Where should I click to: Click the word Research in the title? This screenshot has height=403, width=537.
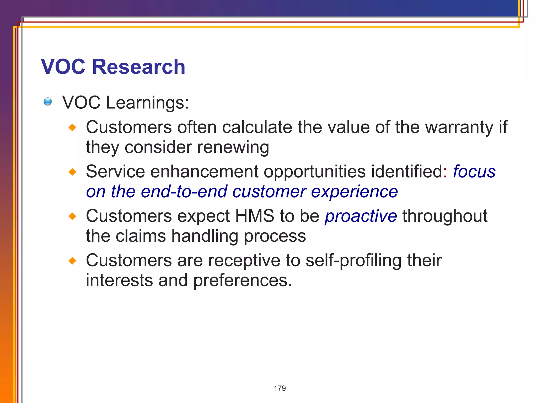click(138, 67)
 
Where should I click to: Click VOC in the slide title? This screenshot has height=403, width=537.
click(63, 67)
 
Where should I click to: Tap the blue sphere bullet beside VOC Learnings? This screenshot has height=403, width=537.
click(48, 102)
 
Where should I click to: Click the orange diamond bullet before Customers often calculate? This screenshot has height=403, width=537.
click(72, 128)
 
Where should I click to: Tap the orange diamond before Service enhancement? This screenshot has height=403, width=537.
click(72, 172)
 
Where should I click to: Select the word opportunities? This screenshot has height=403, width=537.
click(314, 172)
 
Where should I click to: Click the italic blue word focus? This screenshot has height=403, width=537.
click(474, 172)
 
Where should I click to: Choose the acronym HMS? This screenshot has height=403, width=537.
click(254, 216)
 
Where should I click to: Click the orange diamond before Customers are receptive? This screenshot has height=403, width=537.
click(72, 261)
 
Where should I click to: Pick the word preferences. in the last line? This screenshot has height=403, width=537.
click(243, 281)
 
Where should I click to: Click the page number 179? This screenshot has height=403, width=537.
click(280, 388)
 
